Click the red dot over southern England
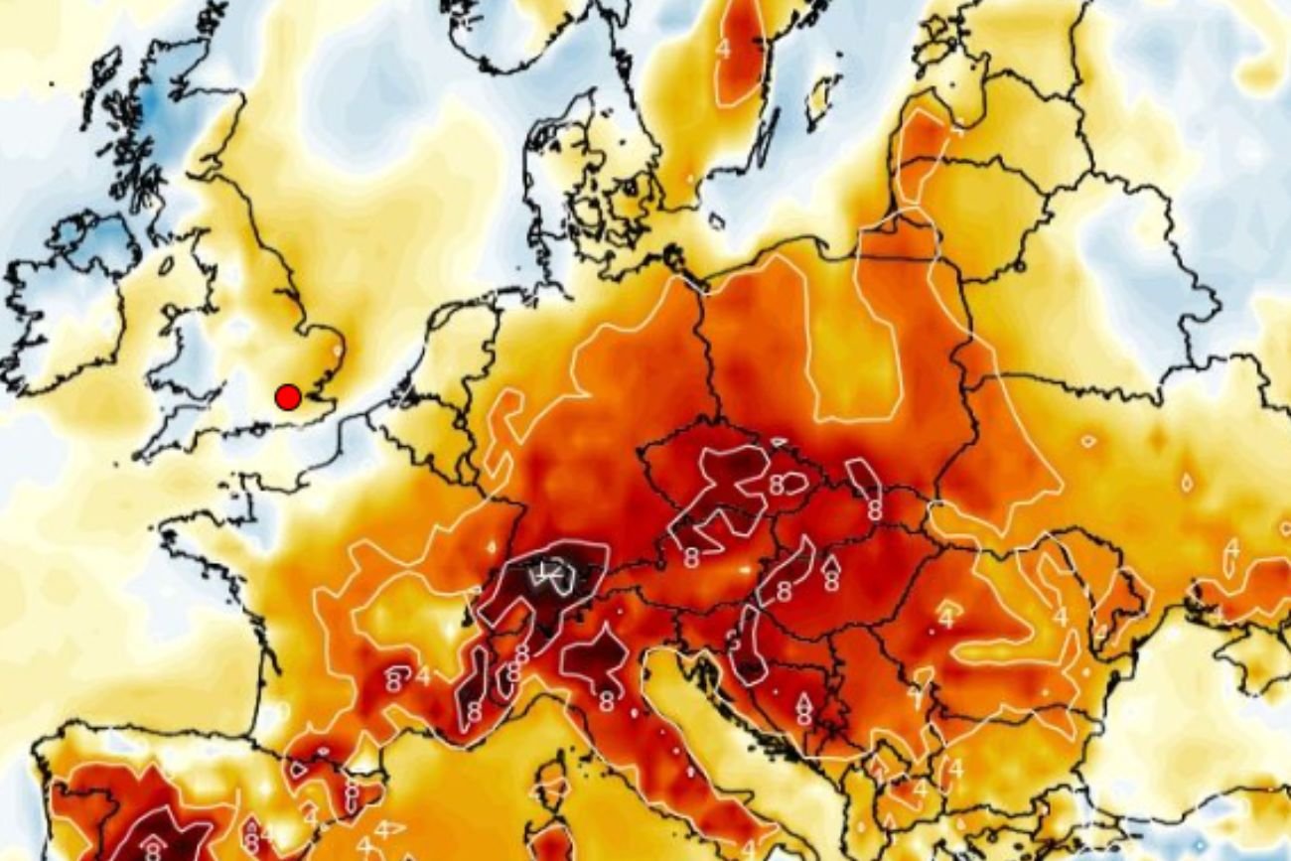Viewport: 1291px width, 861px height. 288,397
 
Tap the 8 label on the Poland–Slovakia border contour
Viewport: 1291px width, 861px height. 875,510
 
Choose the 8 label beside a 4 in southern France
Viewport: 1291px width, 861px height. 394,680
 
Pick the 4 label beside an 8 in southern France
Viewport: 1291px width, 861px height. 422,677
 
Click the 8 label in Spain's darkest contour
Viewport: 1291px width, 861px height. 152,848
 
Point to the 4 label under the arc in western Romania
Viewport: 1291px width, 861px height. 945,619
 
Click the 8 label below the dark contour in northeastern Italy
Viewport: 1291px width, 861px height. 605,701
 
